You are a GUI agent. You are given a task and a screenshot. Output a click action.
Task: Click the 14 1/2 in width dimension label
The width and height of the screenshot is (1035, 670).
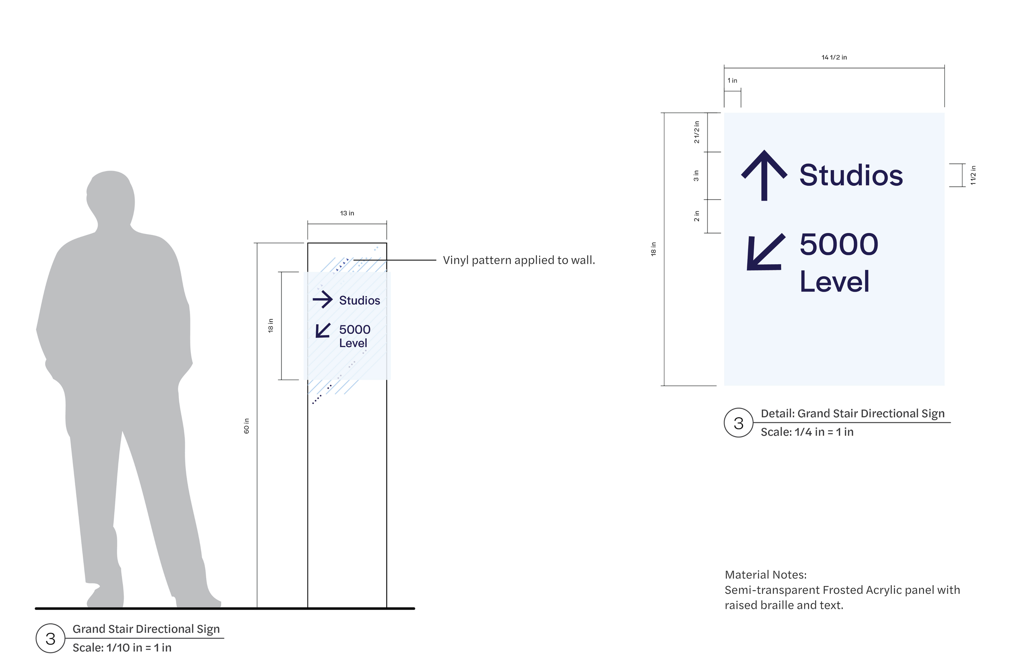(x=834, y=58)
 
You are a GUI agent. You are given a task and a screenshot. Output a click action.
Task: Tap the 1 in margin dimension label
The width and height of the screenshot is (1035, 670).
(x=732, y=80)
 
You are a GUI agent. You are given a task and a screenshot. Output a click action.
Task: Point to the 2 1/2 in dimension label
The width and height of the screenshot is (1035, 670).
(x=697, y=132)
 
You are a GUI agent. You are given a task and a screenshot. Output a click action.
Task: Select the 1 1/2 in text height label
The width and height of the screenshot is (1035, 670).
(x=973, y=175)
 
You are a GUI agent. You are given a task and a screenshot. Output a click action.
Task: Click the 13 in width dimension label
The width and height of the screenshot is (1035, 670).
(x=347, y=213)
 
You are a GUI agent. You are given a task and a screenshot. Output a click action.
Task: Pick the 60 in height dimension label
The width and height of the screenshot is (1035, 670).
(x=247, y=426)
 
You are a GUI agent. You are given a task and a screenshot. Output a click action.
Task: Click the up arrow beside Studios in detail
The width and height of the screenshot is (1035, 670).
(x=764, y=175)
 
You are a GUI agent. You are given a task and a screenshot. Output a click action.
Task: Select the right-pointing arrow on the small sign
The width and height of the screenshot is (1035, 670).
(x=322, y=299)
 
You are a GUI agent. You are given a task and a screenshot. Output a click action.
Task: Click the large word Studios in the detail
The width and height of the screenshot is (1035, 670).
(x=851, y=175)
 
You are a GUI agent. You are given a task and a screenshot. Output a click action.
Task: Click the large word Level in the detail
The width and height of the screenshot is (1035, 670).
(x=834, y=282)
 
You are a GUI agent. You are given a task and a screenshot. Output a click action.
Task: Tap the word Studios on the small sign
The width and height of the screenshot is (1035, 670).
(x=359, y=301)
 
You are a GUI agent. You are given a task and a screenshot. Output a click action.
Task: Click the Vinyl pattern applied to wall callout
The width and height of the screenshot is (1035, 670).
(x=518, y=260)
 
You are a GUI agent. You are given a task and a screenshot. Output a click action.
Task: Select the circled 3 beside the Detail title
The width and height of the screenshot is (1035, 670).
(x=739, y=423)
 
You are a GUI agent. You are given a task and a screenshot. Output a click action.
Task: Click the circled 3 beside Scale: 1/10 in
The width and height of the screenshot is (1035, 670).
(x=51, y=639)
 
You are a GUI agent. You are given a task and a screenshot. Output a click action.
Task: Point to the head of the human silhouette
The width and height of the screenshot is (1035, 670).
(x=111, y=196)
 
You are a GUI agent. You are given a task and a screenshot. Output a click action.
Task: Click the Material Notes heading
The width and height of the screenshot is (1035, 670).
(x=765, y=575)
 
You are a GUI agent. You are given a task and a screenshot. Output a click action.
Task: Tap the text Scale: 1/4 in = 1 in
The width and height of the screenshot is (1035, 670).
(x=807, y=432)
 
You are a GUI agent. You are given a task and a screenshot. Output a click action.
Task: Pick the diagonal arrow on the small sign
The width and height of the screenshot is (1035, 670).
(x=323, y=330)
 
